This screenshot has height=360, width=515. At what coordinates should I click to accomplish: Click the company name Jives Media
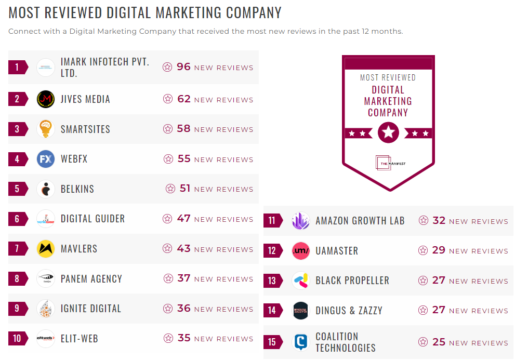85,99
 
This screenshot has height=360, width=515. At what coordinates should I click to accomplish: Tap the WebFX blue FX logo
46,159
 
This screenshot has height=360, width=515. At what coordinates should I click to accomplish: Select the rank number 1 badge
17,67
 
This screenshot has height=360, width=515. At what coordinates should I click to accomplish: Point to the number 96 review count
183,66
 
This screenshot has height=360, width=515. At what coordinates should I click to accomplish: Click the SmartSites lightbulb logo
46,129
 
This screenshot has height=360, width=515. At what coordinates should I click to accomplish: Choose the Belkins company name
77,189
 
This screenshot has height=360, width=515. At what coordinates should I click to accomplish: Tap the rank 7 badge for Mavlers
17,249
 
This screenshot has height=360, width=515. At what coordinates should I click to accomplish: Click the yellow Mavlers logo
46,249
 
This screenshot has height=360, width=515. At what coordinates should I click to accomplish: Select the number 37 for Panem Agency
183,278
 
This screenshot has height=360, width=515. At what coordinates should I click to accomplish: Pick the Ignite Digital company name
91,309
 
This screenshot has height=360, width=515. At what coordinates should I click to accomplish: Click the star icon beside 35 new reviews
168,339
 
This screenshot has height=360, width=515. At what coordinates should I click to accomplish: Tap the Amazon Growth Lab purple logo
301,221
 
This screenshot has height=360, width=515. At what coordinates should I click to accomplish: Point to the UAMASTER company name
337,251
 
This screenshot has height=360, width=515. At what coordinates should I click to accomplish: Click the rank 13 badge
272,281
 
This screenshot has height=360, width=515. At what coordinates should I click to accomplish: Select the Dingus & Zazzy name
349,311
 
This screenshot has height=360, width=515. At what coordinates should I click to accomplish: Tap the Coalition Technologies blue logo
301,342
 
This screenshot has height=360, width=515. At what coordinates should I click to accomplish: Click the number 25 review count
439,342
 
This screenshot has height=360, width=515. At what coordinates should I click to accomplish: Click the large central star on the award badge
388,133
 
